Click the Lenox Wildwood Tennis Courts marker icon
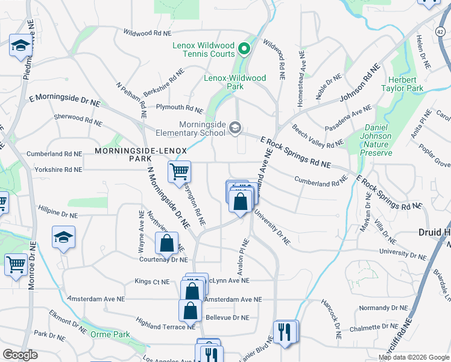(x=244, y=49)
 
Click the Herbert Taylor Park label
(x=402, y=84)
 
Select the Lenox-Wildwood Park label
(x=235, y=82)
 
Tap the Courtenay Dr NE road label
(x=163, y=260)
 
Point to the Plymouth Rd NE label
(x=179, y=109)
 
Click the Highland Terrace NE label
(x=165, y=324)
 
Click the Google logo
(x=20, y=355)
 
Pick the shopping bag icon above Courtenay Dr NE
(x=167, y=243)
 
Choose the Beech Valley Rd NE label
(x=317, y=136)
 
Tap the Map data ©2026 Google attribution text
(x=413, y=357)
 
